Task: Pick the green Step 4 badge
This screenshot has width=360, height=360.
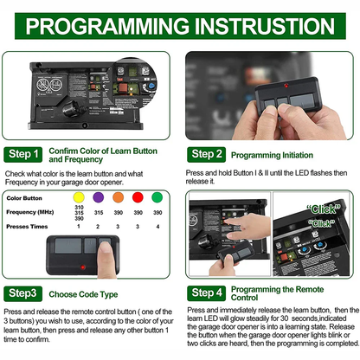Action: coord(207,292)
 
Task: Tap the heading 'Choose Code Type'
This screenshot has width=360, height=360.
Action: coord(91,292)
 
